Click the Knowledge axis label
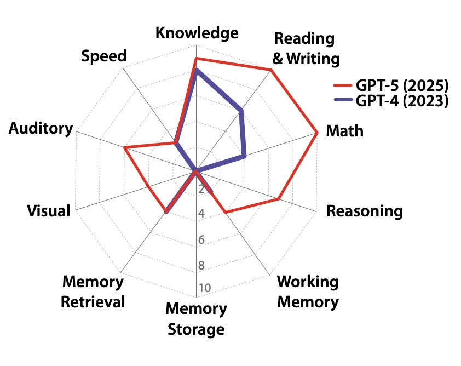pyautogui.click(x=197, y=33)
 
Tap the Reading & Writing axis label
pyautogui.click(x=306, y=48)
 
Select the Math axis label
pyautogui.click(x=344, y=131)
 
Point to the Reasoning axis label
pyautogui.click(x=364, y=211)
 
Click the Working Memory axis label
pyautogui.click(x=308, y=291)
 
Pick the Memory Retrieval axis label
pyautogui.click(x=93, y=291)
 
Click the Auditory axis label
pyautogui.click(x=41, y=129)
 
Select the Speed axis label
pyautogui.click(x=103, y=56)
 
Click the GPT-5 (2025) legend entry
pyautogui.click(x=392, y=86)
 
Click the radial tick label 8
pyautogui.click(x=201, y=266)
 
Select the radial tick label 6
pyautogui.click(x=201, y=240)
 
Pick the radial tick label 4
pyautogui.click(x=201, y=214)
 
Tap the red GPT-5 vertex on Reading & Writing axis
pyautogui.click(x=270, y=70)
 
